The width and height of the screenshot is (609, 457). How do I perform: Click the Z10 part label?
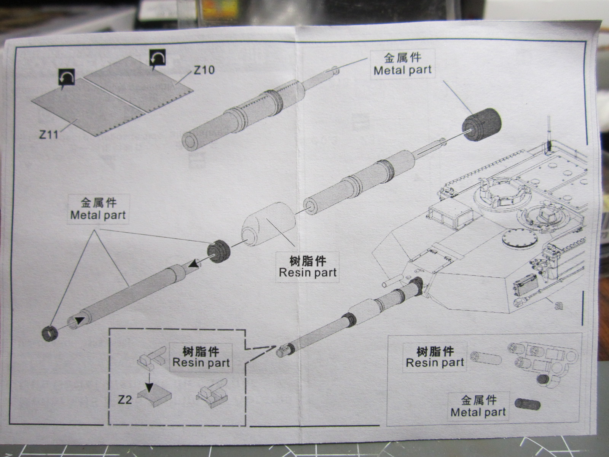click(x=204, y=70)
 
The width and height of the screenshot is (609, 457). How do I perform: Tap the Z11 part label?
click(x=48, y=134)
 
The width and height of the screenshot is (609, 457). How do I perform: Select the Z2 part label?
click(x=125, y=399)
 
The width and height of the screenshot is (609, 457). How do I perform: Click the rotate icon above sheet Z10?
click(x=156, y=58)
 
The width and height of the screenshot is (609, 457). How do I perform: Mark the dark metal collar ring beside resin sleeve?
click(x=218, y=251)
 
